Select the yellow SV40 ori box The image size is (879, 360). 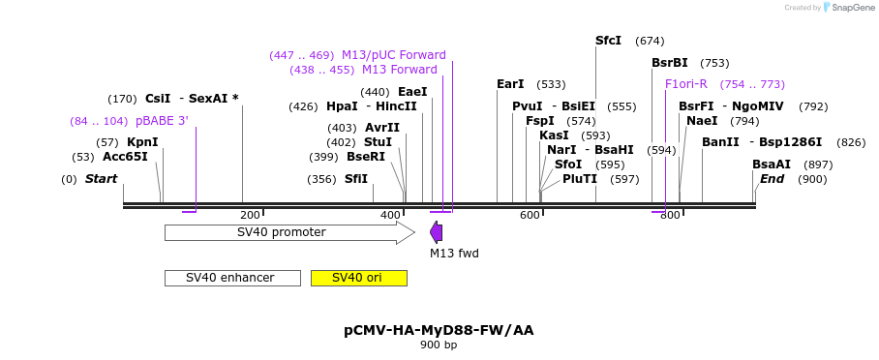[358, 278]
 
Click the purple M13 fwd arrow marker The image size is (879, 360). [437, 232]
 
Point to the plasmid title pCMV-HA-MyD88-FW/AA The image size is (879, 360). [439, 330]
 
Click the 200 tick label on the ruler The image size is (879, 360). [250, 215]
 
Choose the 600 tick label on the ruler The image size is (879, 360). [530, 215]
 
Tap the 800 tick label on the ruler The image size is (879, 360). [670, 215]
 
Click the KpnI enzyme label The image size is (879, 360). [142, 142]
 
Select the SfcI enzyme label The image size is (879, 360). [608, 41]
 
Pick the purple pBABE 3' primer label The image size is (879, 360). [162, 121]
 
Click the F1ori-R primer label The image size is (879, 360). [686, 84]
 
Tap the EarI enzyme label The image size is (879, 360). [510, 84]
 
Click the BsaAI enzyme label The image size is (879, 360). [772, 165]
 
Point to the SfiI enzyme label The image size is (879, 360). [356, 179]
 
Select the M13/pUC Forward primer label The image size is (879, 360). [393, 55]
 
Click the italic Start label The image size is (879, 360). [101, 179]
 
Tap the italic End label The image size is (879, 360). [772, 179]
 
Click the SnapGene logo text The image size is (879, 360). [853, 8]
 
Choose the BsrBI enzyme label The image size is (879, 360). [669, 63]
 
